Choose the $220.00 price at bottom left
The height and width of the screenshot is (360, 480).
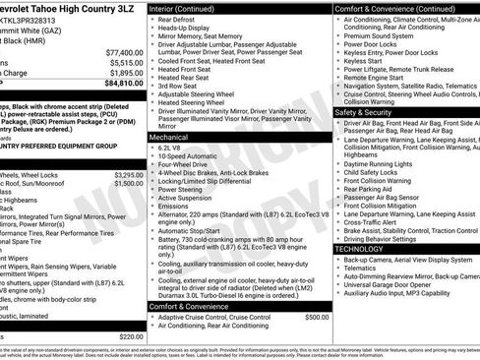pos(131,336)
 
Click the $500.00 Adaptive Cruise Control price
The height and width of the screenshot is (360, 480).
pos(317,318)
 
